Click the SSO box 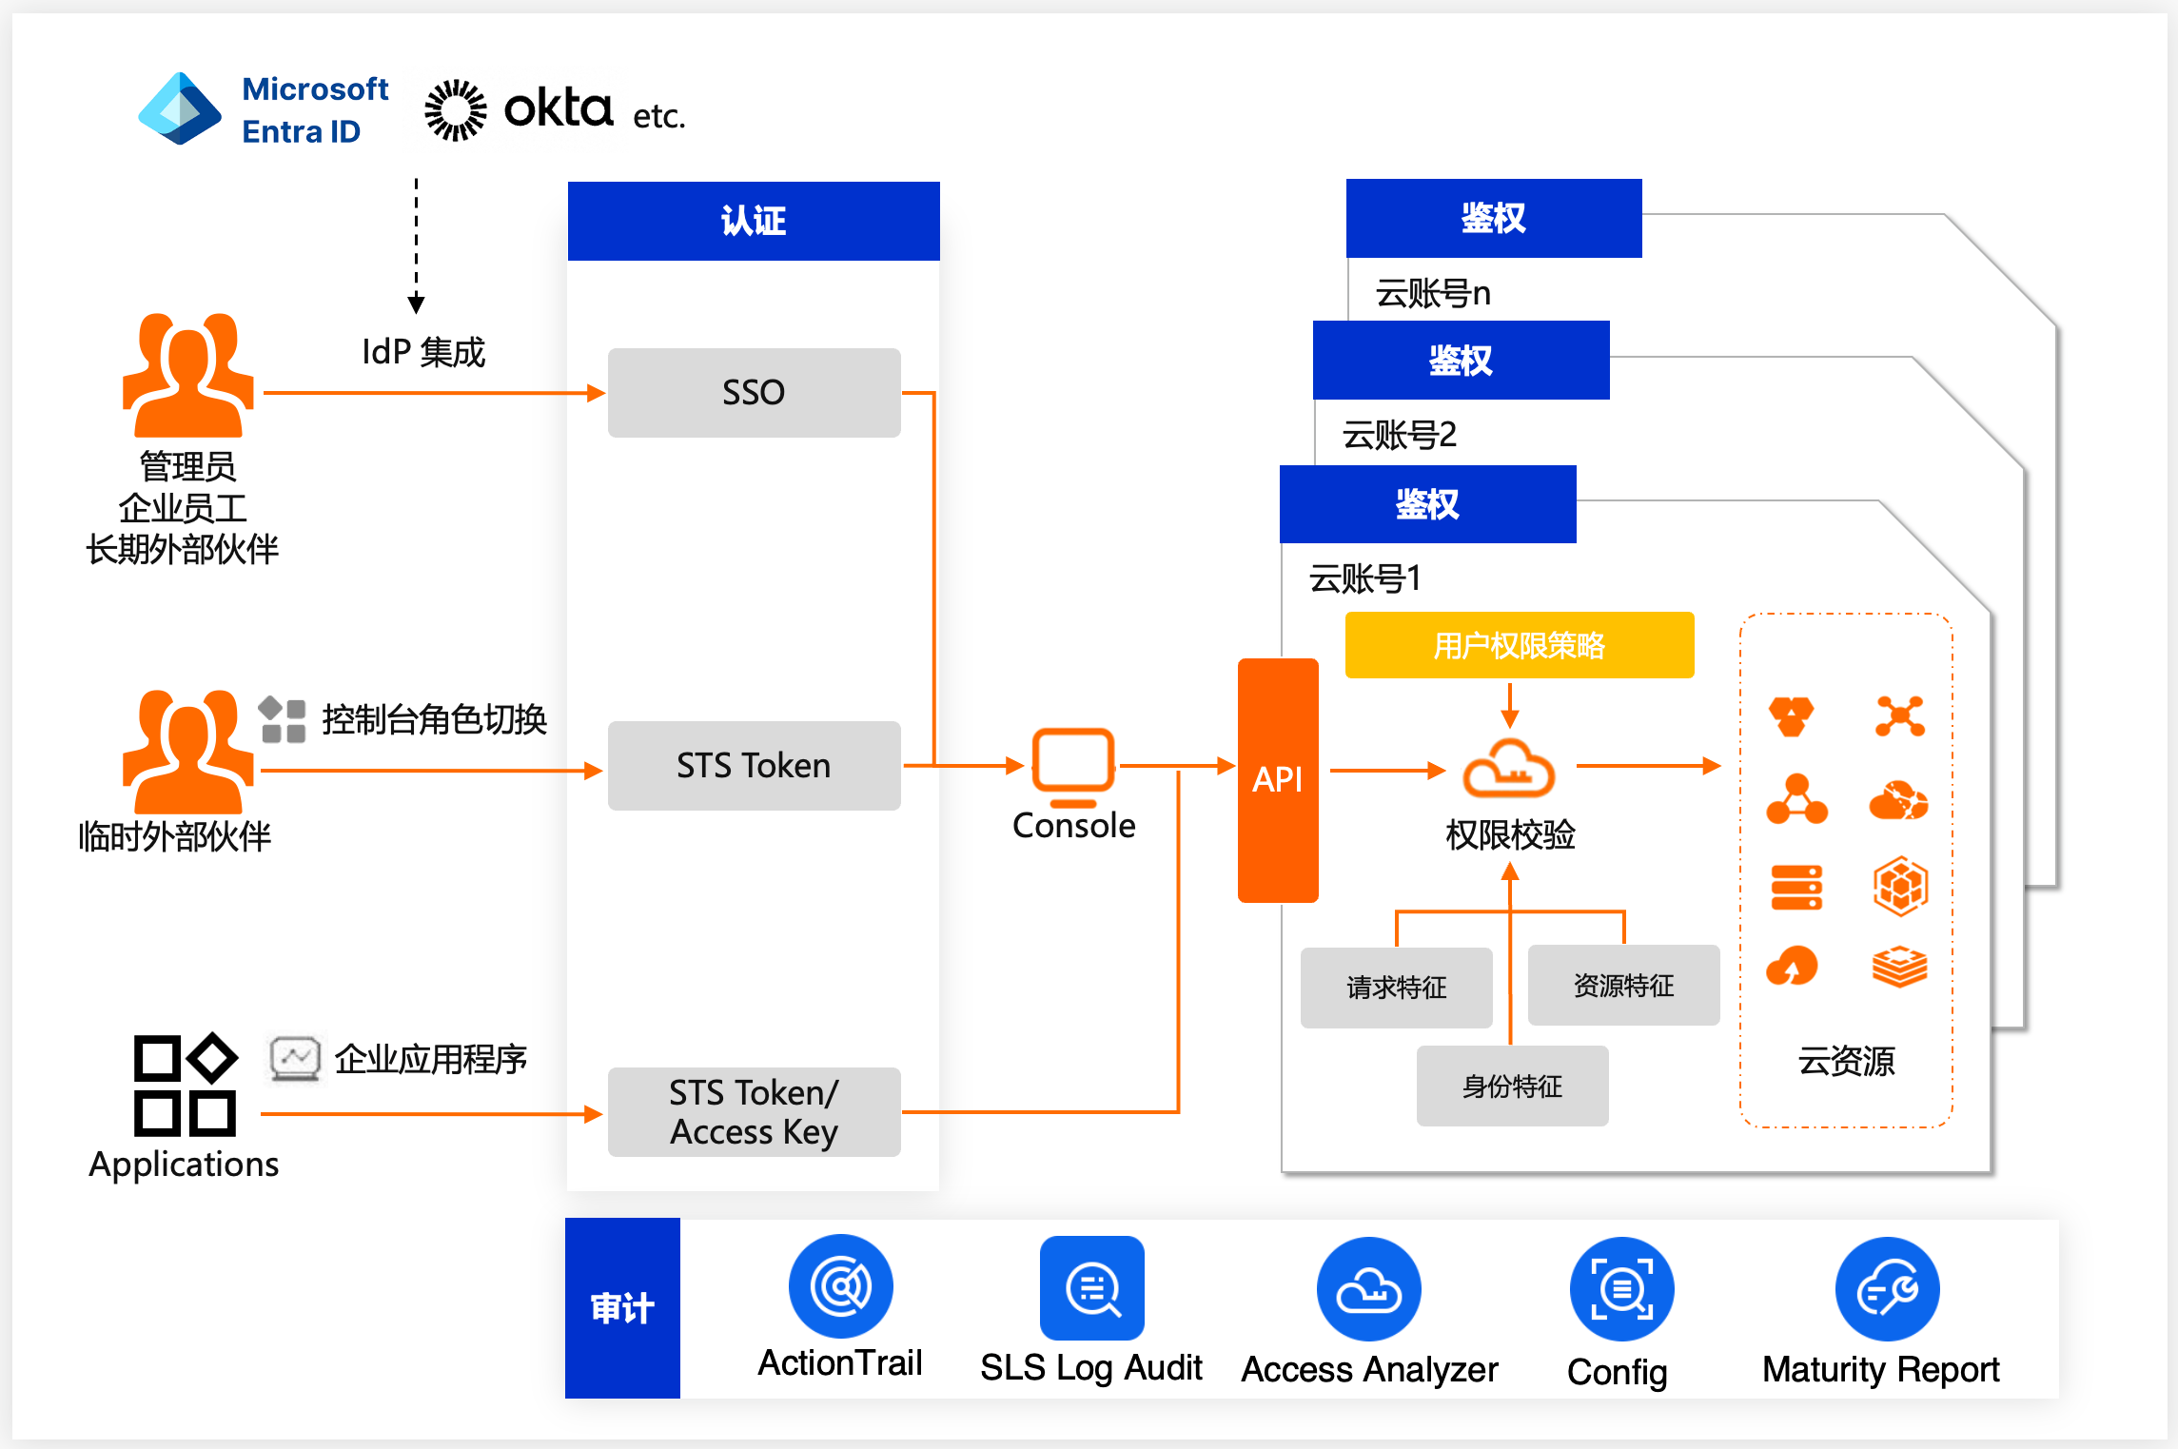click(x=754, y=392)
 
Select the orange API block click(x=1277, y=779)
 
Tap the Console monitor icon click(x=1073, y=761)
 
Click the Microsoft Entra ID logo click(x=180, y=108)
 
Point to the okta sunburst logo click(x=455, y=110)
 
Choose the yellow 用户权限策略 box click(x=1519, y=645)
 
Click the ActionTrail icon click(x=840, y=1286)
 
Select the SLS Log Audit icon click(x=1091, y=1288)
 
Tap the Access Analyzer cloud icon click(x=1368, y=1289)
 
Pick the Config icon click(x=1621, y=1289)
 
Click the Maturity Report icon click(x=1887, y=1289)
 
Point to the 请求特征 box click(x=1396, y=988)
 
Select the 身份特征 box click(x=1512, y=1086)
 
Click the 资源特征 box click(x=1623, y=985)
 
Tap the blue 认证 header click(x=754, y=221)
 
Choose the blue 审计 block click(x=622, y=1308)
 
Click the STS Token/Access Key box click(x=754, y=1111)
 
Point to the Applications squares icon click(x=185, y=1085)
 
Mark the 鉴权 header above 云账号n click(x=1493, y=218)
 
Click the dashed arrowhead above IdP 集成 click(x=416, y=304)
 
